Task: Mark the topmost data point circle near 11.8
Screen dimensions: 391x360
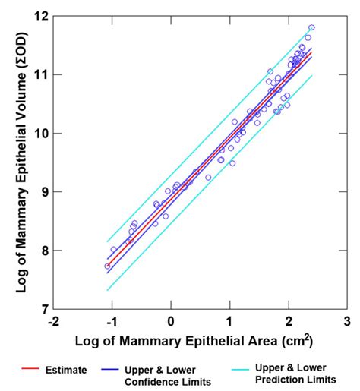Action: click(x=311, y=27)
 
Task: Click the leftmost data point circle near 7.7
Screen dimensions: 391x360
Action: click(x=107, y=266)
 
